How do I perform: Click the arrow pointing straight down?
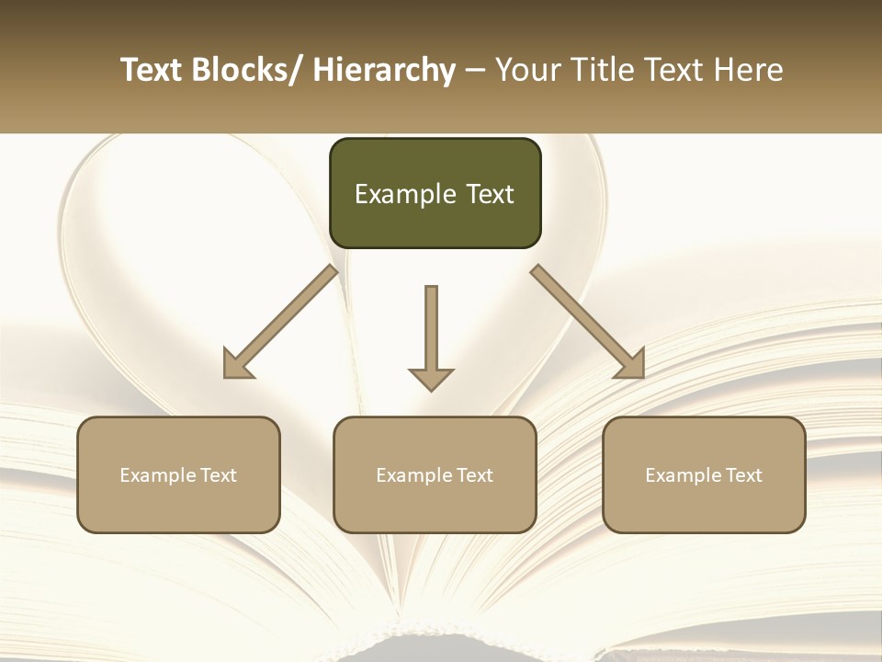click(431, 336)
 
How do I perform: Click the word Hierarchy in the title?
click(384, 70)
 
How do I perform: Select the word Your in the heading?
click(528, 70)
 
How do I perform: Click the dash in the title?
click(475, 70)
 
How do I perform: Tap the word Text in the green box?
click(489, 194)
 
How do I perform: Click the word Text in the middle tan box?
click(474, 475)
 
